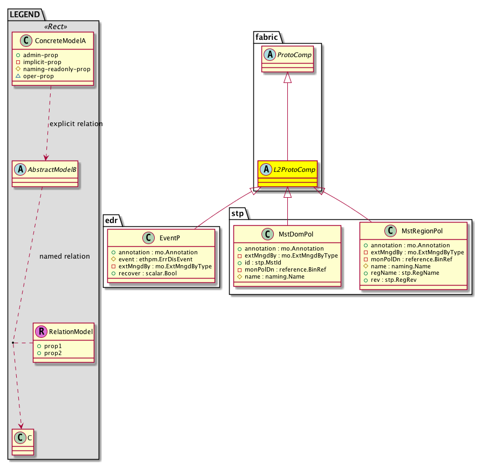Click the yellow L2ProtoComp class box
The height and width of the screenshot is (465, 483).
pos(287,173)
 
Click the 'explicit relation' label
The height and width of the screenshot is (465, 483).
pos(75,124)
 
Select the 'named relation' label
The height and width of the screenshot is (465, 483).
pos(65,256)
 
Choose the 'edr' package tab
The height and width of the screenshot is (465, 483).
pos(112,220)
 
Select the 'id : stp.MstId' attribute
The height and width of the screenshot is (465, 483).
pos(263,262)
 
